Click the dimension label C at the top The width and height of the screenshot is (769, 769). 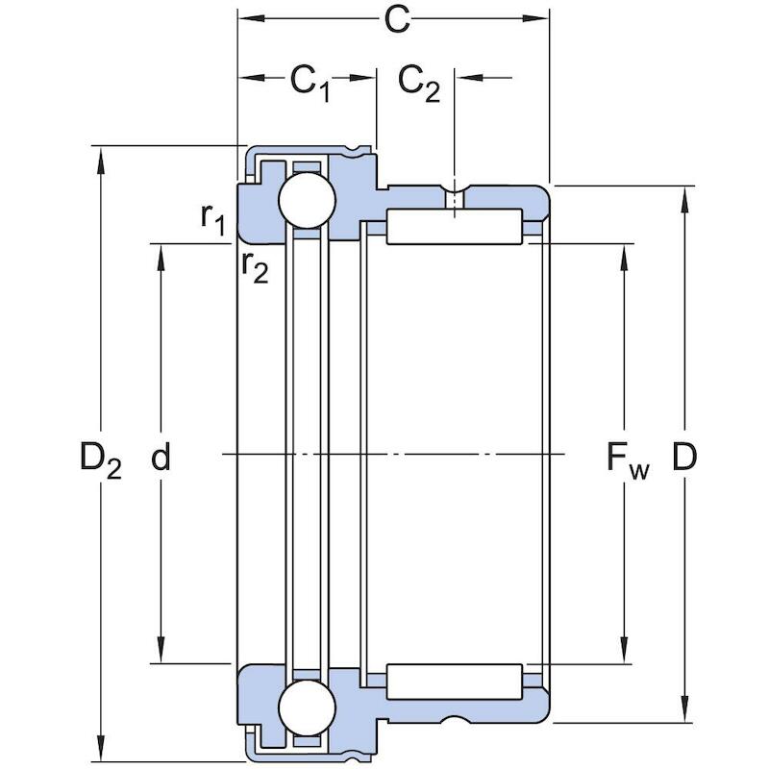(x=397, y=19)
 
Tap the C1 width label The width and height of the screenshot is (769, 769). (x=310, y=84)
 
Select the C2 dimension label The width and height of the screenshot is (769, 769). (x=419, y=84)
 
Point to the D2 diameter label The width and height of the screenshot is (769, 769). (x=101, y=459)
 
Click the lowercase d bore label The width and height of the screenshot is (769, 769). (x=161, y=456)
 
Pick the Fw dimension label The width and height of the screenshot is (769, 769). (x=628, y=459)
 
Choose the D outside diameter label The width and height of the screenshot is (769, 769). (x=684, y=456)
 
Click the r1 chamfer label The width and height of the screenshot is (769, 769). (x=212, y=219)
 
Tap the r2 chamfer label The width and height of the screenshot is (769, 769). (x=255, y=268)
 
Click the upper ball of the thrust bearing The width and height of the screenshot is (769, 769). (x=307, y=200)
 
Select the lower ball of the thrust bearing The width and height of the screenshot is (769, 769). (x=307, y=707)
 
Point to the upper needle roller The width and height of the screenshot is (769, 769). (x=454, y=226)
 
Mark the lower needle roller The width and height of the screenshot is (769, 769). (x=454, y=682)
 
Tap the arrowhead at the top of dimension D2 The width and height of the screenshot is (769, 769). (x=101, y=160)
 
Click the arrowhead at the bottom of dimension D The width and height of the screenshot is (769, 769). (x=684, y=708)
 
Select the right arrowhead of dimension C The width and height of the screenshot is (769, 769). (x=535, y=18)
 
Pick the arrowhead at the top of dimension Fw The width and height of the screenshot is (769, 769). (x=624, y=258)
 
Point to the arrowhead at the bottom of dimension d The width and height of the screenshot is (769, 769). (x=161, y=650)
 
